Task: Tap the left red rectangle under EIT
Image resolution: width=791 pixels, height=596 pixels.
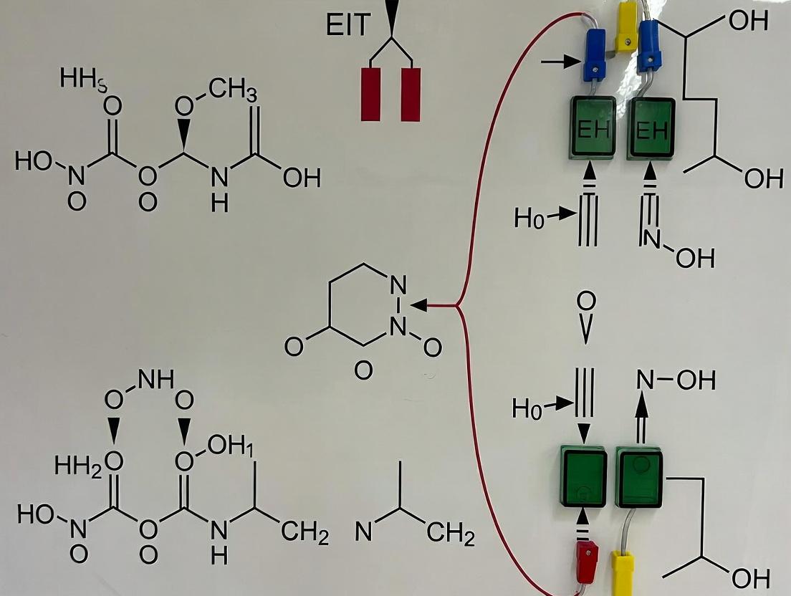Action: [x=370, y=94]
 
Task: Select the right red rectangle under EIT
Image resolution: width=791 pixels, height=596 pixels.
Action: [x=410, y=94]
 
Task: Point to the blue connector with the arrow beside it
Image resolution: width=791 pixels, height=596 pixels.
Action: [x=594, y=54]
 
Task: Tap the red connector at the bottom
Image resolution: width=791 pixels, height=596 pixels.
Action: [x=587, y=559]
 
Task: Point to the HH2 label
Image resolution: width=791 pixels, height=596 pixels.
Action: [x=79, y=466]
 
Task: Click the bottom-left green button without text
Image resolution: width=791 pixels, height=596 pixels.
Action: [x=583, y=476]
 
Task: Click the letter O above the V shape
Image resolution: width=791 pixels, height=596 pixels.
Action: [x=585, y=299]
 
